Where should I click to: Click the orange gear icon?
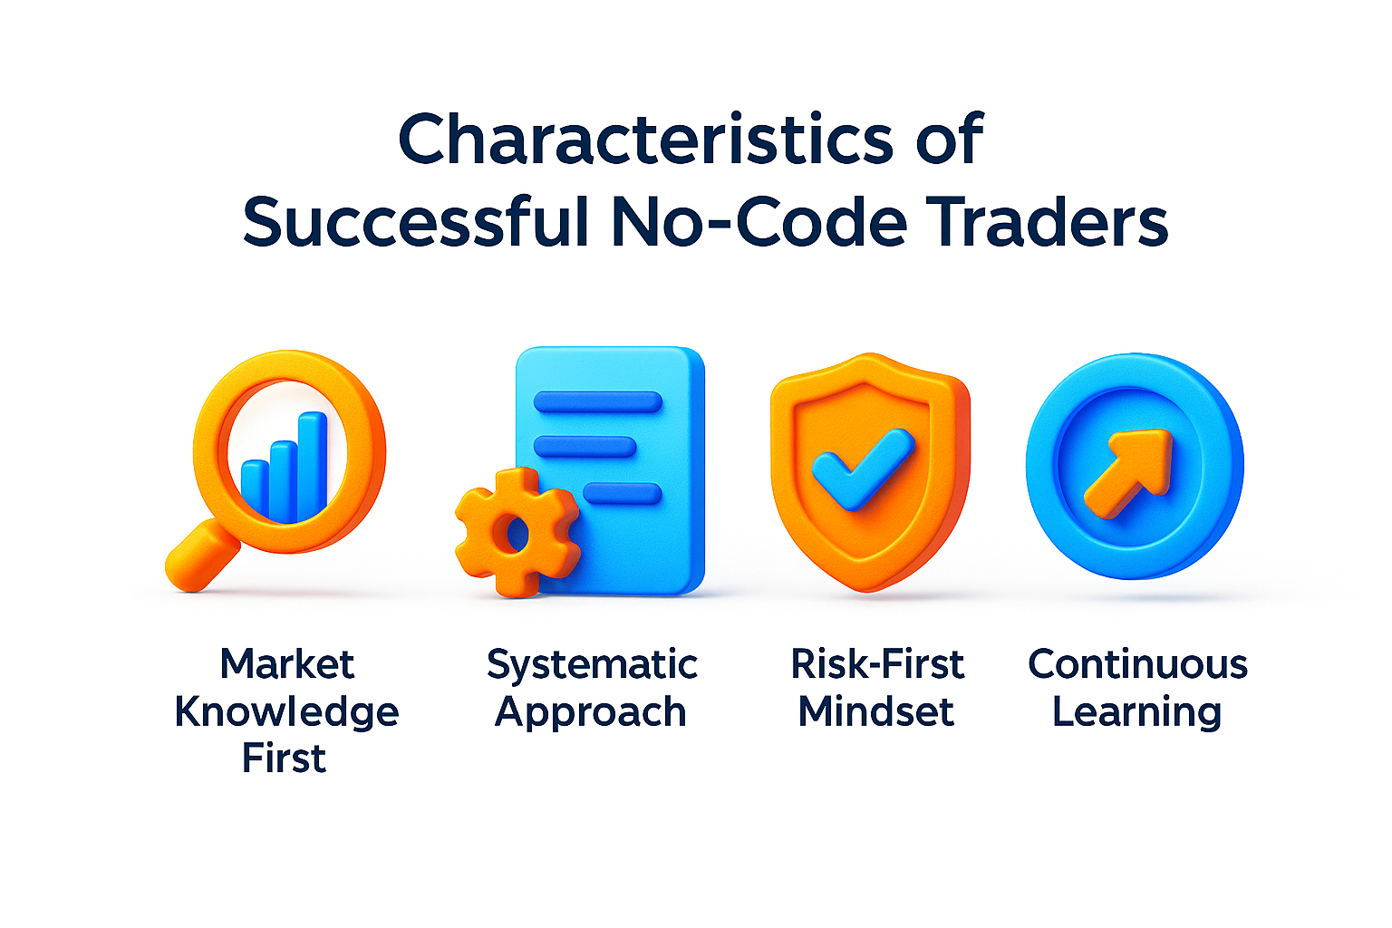516,532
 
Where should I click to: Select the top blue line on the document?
598,401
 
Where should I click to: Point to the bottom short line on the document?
622,494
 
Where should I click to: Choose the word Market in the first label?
286,664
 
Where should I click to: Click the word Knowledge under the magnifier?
286,712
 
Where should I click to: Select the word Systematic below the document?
592,665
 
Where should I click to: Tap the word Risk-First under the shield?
877,664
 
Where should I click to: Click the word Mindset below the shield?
876,712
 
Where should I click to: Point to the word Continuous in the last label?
1137,664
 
